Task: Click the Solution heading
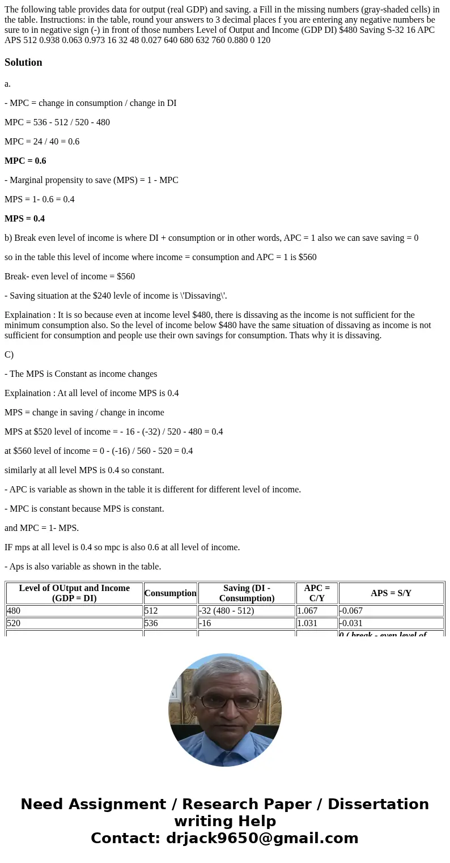coord(23,62)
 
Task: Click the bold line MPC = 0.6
coord(26,161)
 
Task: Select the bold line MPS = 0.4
coord(25,219)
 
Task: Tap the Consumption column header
coord(170,593)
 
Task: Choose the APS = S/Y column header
coord(391,593)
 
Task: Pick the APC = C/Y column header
coord(317,593)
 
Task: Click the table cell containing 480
coord(14,611)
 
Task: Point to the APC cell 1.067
coord(309,611)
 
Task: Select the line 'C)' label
coord(9,355)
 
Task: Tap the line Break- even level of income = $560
coord(70,277)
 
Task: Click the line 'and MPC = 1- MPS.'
coord(41,528)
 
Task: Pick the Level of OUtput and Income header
coord(74,593)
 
